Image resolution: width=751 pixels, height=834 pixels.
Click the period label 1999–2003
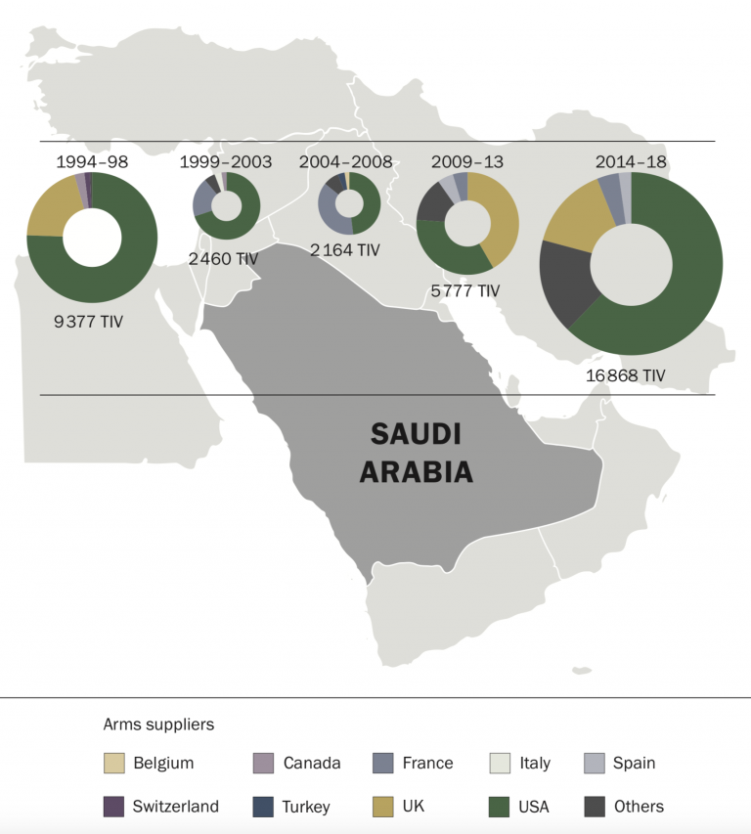click(225, 161)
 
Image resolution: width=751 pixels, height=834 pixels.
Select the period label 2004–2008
click(346, 161)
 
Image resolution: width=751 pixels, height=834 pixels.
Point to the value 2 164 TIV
click(344, 250)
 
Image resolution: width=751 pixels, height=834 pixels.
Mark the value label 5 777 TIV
click(464, 290)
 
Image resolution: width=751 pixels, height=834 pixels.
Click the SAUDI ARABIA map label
click(416, 453)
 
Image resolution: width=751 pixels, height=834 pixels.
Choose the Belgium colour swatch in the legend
click(113, 763)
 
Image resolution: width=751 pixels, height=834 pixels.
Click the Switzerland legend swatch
click(113, 807)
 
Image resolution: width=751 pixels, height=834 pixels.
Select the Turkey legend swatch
click(263, 807)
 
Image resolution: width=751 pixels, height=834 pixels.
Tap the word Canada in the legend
click(312, 763)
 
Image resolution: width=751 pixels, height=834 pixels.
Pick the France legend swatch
click(383, 763)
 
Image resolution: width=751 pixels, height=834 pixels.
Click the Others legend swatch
click(594, 807)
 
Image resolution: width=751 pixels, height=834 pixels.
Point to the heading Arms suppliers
click(158, 724)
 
